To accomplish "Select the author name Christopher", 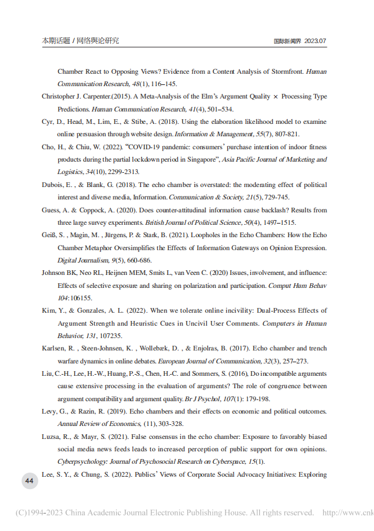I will pyautogui.click(x=60, y=96).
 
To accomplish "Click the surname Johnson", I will pyautogui.click(x=54, y=273).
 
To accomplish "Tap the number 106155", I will pyautogui.click(x=80, y=298).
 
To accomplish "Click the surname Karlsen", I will pyautogui.click(x=54, y=348).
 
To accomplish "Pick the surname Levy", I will pyautogui.click(x=49, y=411).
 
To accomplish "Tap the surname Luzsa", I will pyautogui.click(x=51, y=436).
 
